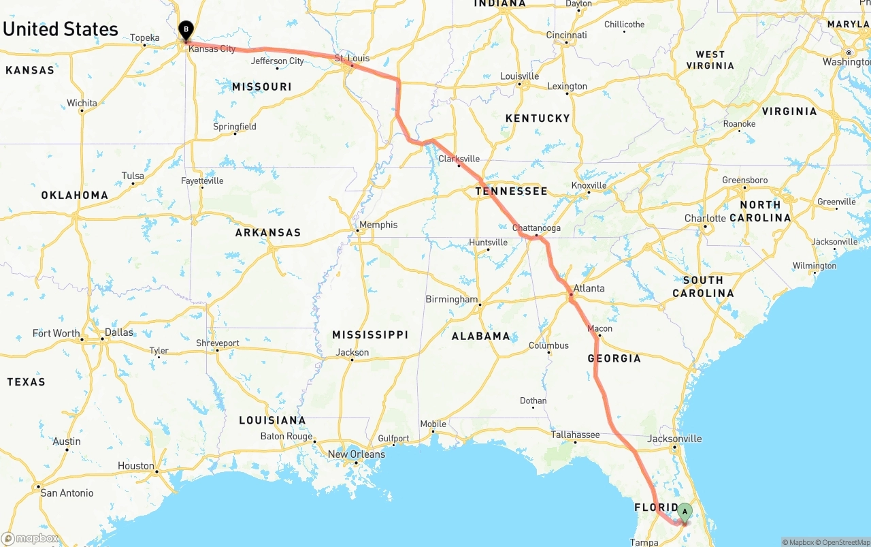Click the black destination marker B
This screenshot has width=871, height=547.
click(186, 30)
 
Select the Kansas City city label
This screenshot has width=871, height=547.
click(212, 49)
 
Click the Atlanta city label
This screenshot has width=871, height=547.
click(589, 288)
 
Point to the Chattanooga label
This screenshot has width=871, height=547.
click(536, 228)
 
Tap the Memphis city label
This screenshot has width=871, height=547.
click(379, 225)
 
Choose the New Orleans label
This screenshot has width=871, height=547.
click(356, 454)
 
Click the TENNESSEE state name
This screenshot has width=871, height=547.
click(511, 191)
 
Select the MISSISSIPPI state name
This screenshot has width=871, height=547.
click(370, 334)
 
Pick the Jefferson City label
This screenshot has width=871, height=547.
click(278, 61)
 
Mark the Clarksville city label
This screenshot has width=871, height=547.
click(459, 159)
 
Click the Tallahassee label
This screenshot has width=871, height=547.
click(575, 435)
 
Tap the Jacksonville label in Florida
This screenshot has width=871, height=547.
click(674, 439)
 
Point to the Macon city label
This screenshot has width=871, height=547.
click(600, 329)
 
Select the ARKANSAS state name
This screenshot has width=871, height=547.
click(268, 233)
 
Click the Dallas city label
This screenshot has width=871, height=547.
click(119, 332)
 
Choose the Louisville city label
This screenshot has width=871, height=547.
click(519, 76)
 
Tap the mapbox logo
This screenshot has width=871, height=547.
click(30, 539)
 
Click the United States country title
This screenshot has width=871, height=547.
click(61, 29)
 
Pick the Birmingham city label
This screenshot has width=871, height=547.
click(452, 299)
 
